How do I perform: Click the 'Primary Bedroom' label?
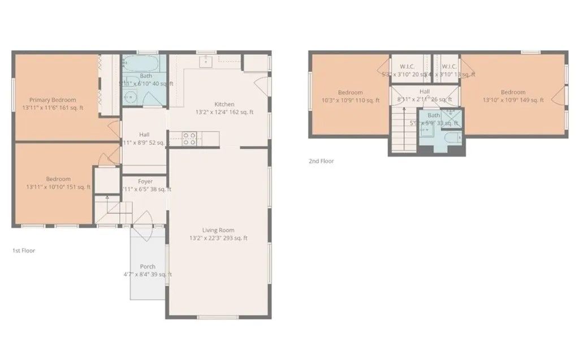pos(53,100)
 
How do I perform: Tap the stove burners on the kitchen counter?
pos(189,138)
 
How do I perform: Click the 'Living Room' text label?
pos(218,230)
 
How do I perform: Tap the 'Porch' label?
pos(148,267)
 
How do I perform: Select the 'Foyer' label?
pos(145,181)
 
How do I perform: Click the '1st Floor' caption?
pos(24,250)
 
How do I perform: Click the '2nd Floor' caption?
pos(321,161)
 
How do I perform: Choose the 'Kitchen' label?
pos(224,105)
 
